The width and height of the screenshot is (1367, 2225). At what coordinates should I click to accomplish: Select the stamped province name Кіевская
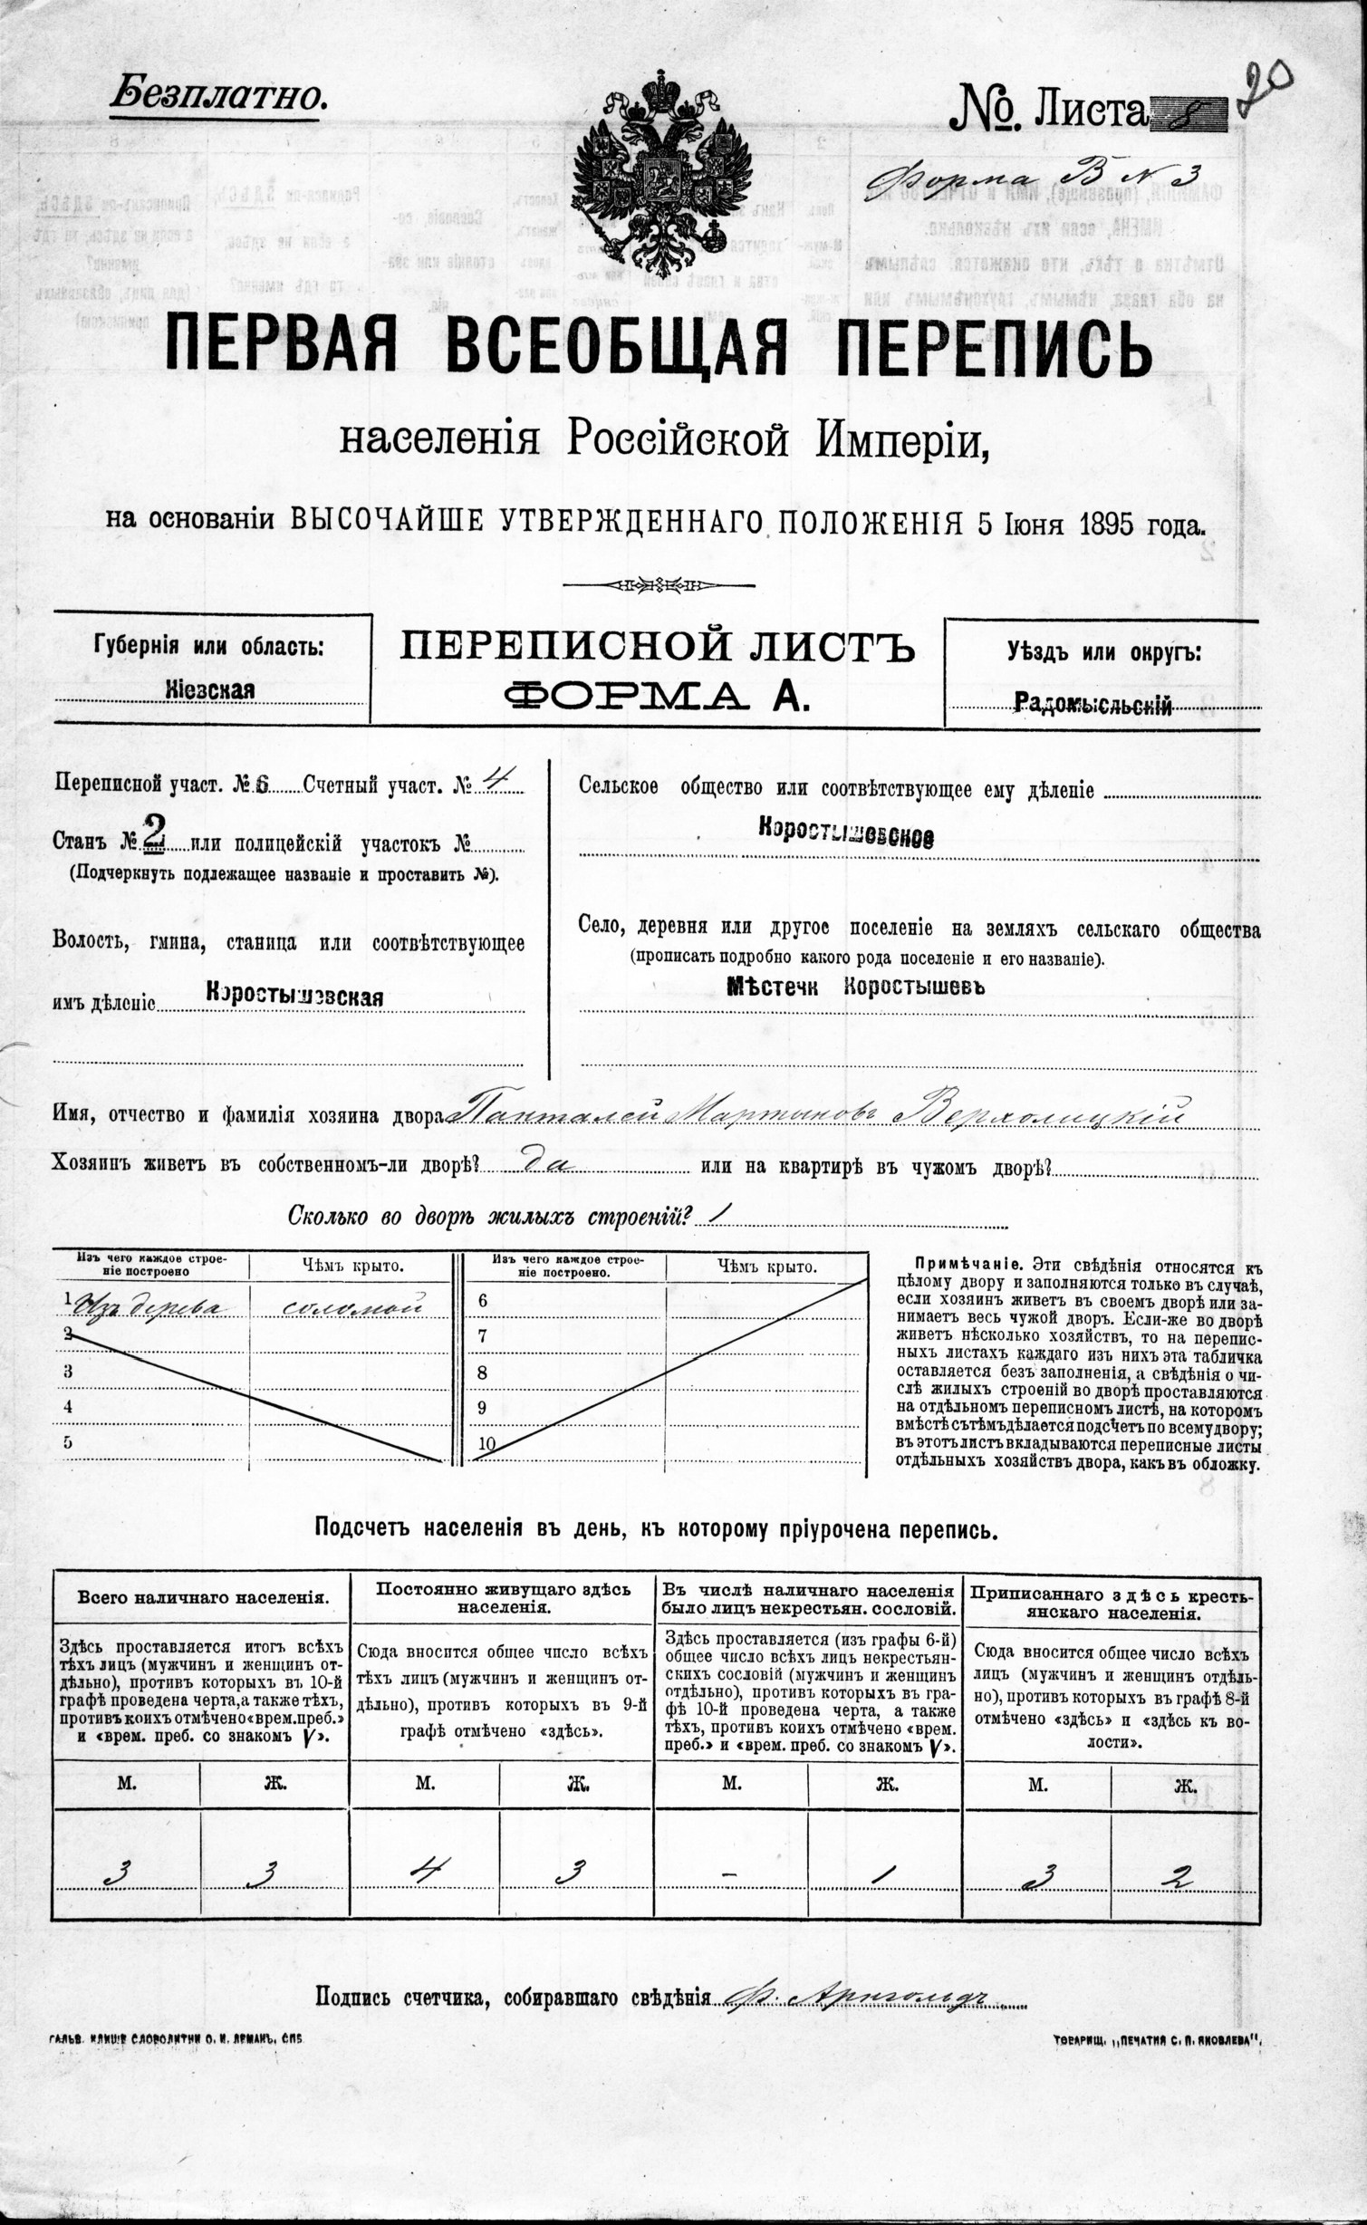[x=210, y=689]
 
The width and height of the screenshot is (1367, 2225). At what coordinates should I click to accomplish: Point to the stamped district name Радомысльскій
[x=1093, y=703]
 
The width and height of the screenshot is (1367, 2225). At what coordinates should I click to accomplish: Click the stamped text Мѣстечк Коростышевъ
[x=855, y=987]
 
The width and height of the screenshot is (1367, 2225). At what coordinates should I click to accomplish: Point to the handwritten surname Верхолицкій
[x=1042, y=1112]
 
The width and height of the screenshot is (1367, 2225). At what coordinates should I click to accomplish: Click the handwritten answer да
[x=547, y=1165]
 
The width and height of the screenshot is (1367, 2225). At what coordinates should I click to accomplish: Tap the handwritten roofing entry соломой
[x=351, y=1305]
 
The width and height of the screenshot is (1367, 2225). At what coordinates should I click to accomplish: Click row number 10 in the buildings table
[x=486, y=1443]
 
